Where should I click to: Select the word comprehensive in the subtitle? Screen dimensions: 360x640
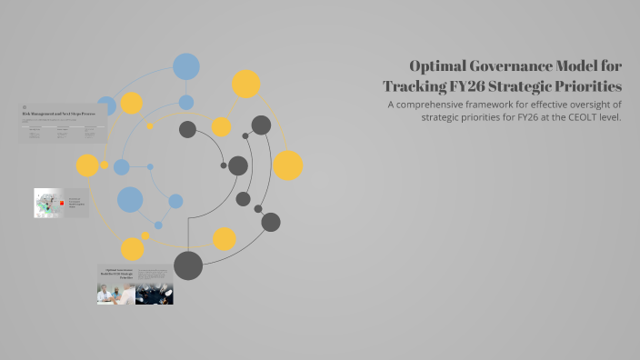click(446, 105)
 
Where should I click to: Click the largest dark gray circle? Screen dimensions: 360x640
click(188, 265)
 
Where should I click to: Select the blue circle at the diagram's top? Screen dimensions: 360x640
click(186, 66)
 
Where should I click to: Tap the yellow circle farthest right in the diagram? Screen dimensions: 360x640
click(287, 165)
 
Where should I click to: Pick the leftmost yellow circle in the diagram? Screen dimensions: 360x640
click(87, 165)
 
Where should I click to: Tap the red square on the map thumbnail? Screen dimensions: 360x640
click(62, 204)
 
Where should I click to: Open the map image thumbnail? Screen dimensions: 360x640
click(47, 204)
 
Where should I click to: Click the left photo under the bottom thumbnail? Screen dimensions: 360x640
click(115, 293)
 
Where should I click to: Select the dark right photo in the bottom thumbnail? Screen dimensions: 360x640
click(155, 293)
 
